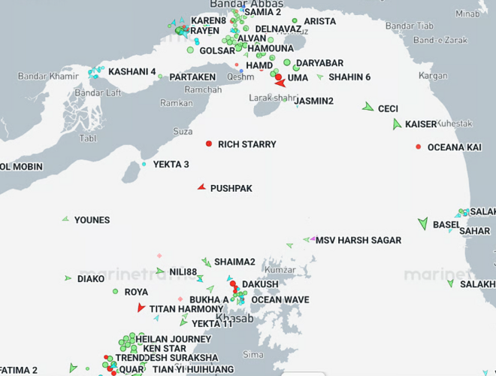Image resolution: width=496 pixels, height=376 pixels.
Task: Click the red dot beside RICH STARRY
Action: [x=209, y=144]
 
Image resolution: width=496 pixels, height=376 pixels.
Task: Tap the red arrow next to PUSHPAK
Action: [x=201, y=187]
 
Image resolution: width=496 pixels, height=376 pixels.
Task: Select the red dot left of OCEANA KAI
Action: [x=419, y=147]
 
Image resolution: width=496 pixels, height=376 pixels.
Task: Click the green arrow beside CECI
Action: [x=367, y=108]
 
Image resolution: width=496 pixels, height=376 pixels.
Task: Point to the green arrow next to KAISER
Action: [x=397, y=124]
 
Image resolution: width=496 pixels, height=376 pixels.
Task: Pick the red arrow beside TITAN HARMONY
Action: [x=141, y=308]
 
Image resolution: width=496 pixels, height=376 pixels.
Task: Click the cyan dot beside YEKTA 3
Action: [x=144, y=164]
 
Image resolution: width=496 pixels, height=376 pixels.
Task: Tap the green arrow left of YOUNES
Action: [x=66, y=220]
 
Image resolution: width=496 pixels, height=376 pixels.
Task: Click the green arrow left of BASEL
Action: [x=423, y=223]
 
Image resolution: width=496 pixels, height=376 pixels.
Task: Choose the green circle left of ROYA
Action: [x=116, y=292]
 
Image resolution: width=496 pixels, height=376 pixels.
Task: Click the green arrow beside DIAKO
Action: [x=68, y=278]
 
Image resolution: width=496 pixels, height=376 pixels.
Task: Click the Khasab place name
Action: [x=234, y=319]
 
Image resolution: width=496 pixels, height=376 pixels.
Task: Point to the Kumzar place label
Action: [x=281, y=269]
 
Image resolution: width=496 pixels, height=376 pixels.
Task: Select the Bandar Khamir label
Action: [x=49, y=76]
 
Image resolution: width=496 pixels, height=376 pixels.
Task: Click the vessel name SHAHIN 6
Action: [x=349, y=77]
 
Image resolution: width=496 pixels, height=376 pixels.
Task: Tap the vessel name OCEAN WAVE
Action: [x=280, y=299]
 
